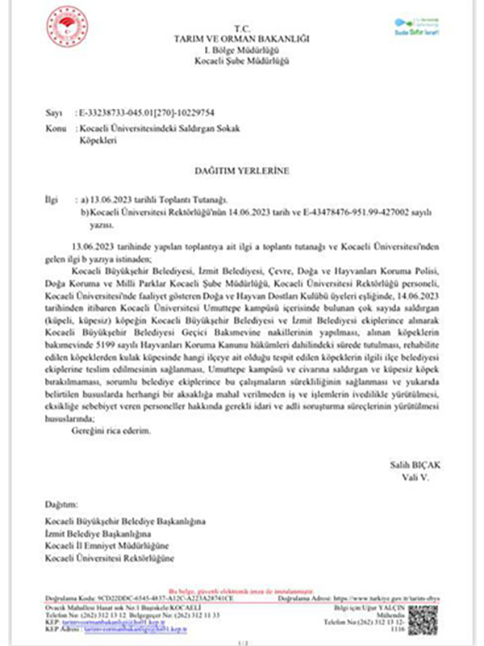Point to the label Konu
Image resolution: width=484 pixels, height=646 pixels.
pos(56,128)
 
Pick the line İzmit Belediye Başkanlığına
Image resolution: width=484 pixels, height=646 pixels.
pos(99,535)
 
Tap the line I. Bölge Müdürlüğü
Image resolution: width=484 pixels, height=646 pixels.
pos(242,50)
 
